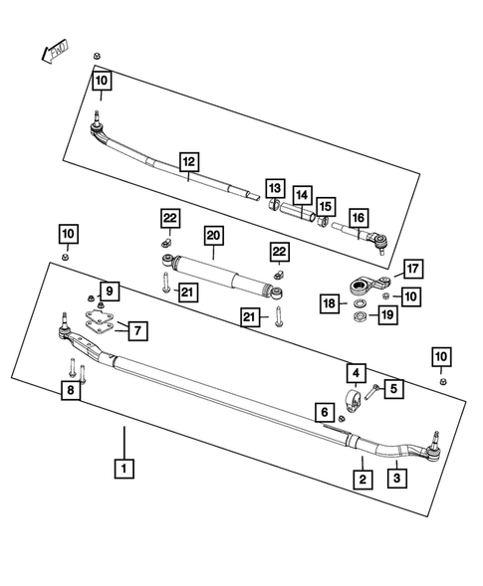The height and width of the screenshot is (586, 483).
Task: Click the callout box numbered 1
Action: [124, 467]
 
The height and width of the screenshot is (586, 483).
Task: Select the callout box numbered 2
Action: [363, 479]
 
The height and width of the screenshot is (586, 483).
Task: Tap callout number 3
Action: [395, 479]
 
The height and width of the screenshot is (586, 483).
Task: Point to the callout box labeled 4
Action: [355, 375]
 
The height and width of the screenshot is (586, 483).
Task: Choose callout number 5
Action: [395, 389]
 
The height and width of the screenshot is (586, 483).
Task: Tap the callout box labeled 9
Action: [110, 291]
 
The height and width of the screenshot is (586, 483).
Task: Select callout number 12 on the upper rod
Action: [189, 160]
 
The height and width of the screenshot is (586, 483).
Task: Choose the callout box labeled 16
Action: [358, 217]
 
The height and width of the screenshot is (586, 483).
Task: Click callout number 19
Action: [386, 316]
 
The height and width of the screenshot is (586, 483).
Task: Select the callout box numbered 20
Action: [212, 236]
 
